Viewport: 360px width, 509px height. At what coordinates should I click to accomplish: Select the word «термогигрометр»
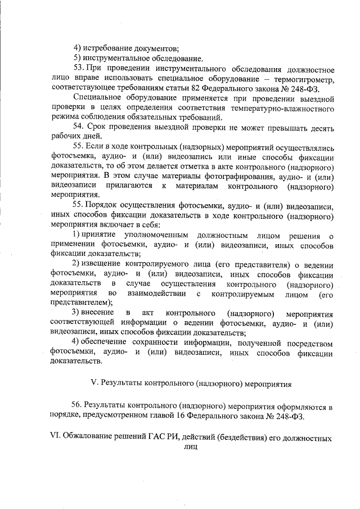click(x=306, y=80)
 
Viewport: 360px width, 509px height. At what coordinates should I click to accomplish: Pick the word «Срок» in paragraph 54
click(x=101, y=127)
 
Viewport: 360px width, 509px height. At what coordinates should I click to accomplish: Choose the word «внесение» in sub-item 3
click(x=99, y=312)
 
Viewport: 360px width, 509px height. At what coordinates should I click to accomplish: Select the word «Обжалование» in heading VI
click(x=89, y=438)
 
